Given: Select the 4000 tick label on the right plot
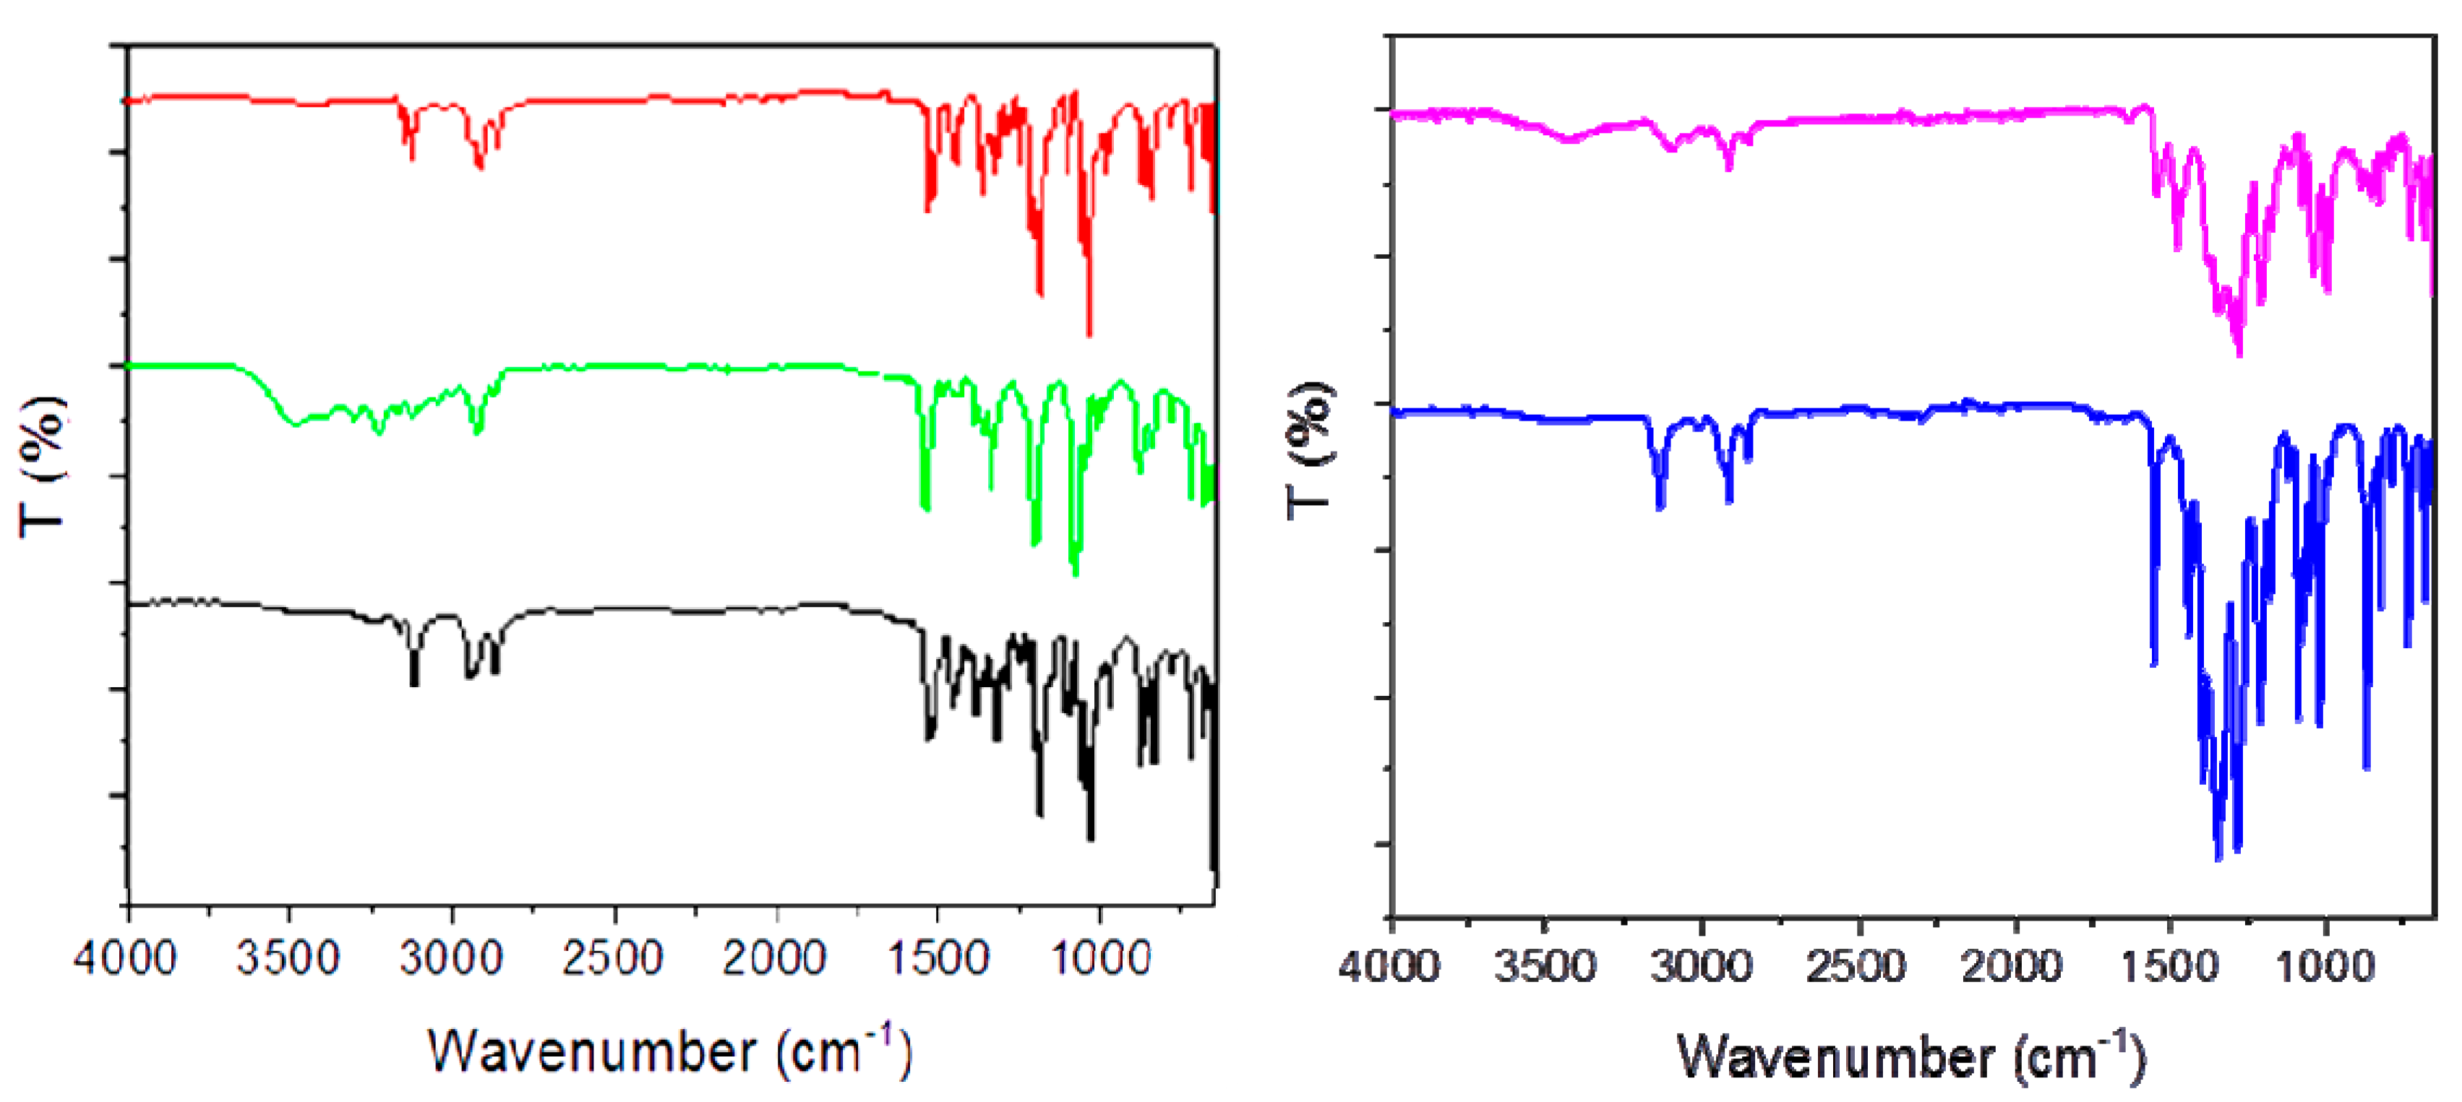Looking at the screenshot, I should click(x=1389, y=968).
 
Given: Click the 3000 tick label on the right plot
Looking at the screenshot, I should click(x=1702, y=968).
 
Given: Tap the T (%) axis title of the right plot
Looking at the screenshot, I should click(x=1309, y=449).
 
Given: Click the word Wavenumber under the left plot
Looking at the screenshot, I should click(x=593, y=1052).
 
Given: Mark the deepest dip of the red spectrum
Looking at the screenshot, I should click(x=1089, y=334).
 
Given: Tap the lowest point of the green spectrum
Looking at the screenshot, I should click(x=1075, y=574).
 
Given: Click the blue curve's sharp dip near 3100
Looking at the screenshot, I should click(x=1660, y=507).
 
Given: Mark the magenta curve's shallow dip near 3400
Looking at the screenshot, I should click(x=1567, y=140).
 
